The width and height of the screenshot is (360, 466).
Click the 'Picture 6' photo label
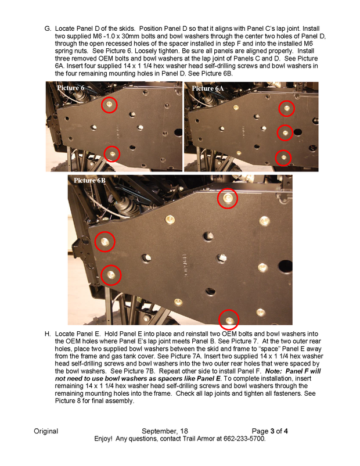pos(70,87)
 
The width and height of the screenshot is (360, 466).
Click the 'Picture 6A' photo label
pos(207,88)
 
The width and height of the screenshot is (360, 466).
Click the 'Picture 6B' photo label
pos(89,181)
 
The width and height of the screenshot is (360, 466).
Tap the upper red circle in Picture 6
pos(109,105)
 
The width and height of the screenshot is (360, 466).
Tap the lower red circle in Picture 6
pos(111,153)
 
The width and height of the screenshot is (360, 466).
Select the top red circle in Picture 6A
pos(286,108)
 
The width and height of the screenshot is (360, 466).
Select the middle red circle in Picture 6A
pos(284,132)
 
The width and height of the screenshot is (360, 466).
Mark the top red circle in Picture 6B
pos(227,199)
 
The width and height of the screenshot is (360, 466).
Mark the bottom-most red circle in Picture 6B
pos(229,320)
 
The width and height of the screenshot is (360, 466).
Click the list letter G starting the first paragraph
pos(47,28)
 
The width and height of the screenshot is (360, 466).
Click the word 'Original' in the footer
pos(46,431)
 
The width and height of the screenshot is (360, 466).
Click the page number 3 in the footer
pos(272,431)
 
